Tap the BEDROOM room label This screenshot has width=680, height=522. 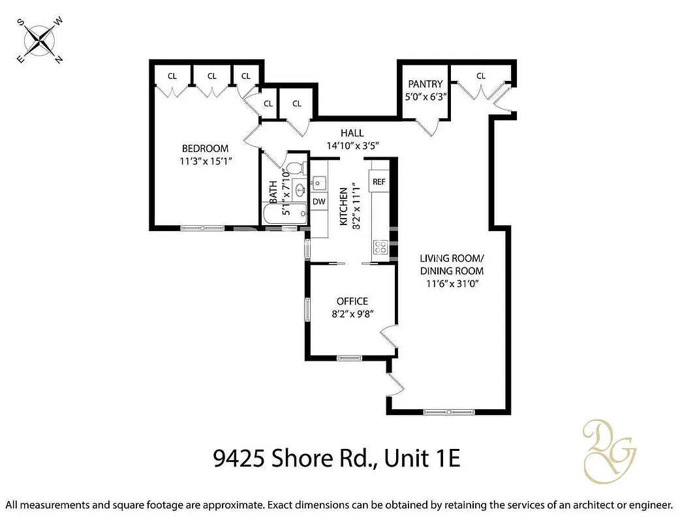tap(205, 148)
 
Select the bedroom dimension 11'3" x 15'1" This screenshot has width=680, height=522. tap(205, 161)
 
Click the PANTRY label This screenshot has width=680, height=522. tap(425, 84)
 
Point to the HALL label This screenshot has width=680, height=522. tap(352, 133)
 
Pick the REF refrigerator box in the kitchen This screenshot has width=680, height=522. tap(379, 181)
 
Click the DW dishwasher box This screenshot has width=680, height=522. tap(318, 202)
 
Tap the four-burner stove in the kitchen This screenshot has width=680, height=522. tap(380, 247)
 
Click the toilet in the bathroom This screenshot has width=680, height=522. tap(295, 168)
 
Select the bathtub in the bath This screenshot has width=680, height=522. tap(285, 213)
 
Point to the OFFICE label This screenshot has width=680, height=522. tap(352, 301)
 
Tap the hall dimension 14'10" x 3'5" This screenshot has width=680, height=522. tap(352, 146)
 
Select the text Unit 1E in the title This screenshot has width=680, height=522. tap(422, 459)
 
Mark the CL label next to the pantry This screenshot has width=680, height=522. tap(481, 76)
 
